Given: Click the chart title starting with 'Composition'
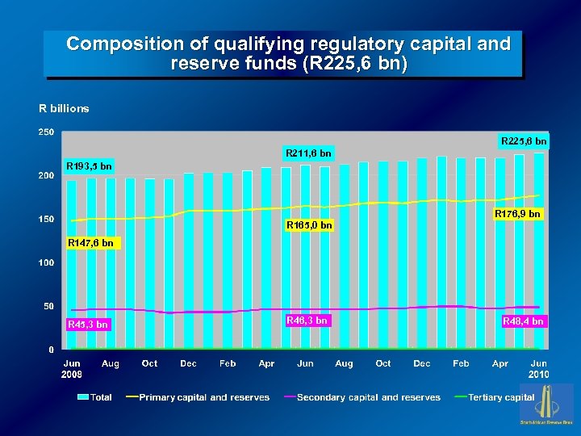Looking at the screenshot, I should pos(288,53).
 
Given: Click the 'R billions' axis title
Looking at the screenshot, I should pos(65,108).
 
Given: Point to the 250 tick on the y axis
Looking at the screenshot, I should pos(47,132).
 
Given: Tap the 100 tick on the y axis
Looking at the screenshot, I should pos(47,263).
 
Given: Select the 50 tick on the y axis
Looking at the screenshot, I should pos(48,307).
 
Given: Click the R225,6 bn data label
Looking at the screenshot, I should pos(523,141).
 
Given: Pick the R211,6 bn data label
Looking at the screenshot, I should pos(307,153).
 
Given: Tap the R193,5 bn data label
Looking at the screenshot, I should pos(89,166).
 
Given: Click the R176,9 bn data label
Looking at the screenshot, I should pos(516,214).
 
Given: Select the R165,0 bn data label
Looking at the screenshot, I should pos(309,224).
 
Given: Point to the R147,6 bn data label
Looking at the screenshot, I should pos(90,242).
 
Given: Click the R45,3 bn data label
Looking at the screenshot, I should pos(88,325).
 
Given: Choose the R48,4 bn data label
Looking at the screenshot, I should pos(523,321).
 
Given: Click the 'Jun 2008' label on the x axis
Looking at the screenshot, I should pos(72,369).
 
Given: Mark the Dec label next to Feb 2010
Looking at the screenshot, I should pos(422,364).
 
